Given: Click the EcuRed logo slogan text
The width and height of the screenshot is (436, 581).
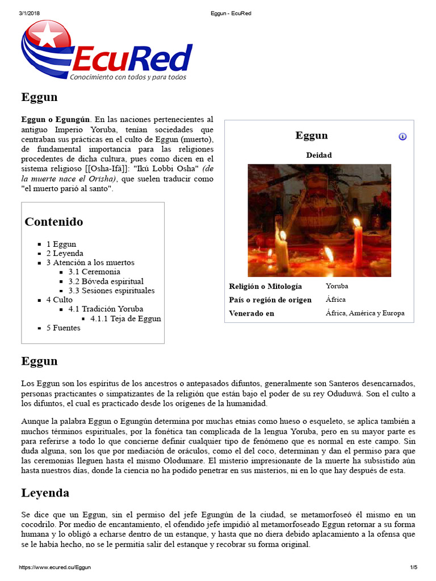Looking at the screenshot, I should (128, 77).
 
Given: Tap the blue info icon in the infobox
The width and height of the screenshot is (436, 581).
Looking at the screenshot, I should (403, 137).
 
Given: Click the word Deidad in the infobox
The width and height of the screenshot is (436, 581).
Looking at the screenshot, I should (319, 155).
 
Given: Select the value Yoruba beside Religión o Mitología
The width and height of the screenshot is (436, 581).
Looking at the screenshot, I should (337, 286).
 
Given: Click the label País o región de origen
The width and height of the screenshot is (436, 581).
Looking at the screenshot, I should (270, 300).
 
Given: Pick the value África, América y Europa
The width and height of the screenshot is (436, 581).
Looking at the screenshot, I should (365, 313).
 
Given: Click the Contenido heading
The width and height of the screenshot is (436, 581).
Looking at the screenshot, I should (54, 222).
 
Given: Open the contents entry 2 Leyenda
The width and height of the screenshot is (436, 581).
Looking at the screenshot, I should (65, 254).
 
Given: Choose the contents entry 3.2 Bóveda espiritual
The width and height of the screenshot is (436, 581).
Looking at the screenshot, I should (106, 281).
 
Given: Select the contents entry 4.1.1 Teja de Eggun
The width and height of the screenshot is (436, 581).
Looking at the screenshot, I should (125, 318).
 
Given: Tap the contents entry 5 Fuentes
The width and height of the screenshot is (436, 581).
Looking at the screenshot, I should (63, 328).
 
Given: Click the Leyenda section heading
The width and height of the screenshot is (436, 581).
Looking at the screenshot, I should (45, 492).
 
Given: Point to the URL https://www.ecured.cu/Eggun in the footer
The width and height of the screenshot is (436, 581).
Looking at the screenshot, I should (54, 567).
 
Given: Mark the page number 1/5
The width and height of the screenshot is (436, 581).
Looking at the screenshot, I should (413, 567).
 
